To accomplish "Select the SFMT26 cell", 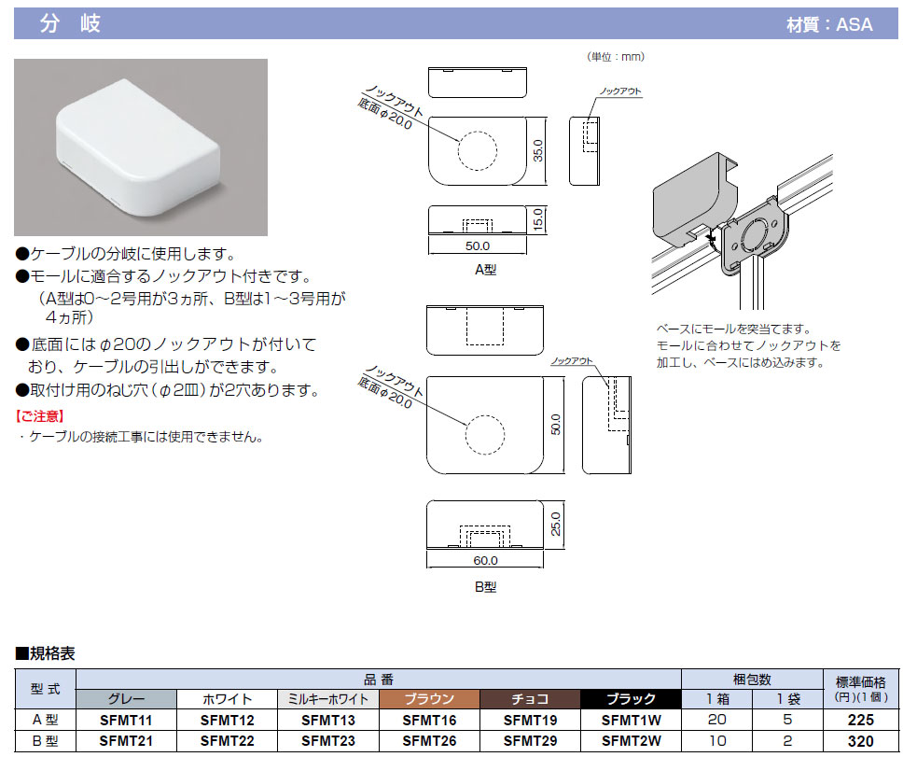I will (428, 741).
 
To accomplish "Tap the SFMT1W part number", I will (631, 721).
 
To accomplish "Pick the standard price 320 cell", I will (861, 741).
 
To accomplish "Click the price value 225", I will (861, 721).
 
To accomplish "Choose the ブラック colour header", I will (631, 699).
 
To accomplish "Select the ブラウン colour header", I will (428, 699).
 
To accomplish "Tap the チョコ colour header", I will (529, 699).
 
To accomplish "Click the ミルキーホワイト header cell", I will (327, 699).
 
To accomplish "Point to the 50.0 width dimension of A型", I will (476, 245).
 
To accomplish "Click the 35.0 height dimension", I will (537, 150).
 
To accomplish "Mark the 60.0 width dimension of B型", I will (485, 561).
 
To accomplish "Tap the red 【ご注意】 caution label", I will (40, 415).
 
